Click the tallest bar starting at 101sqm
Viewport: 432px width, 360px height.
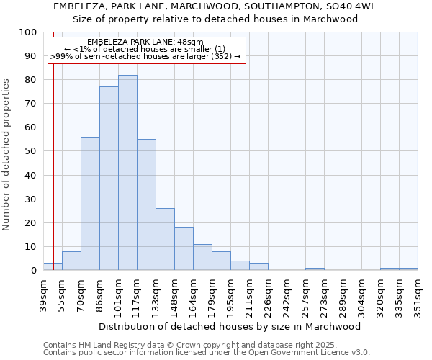click(x=127, y=173)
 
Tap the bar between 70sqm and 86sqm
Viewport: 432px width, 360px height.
click(x=90, y=204)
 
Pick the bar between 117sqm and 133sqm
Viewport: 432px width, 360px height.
click(x=146, y=204)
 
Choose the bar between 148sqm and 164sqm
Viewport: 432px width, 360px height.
click(x=184, y=248)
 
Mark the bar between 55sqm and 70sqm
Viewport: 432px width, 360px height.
click(x=71, y=261)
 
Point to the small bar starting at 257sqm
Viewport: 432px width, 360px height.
click(x=315, y=269)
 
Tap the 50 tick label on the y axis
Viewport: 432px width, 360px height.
click(x=30, y=151)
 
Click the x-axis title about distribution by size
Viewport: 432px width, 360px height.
click(x=230, y=326)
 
